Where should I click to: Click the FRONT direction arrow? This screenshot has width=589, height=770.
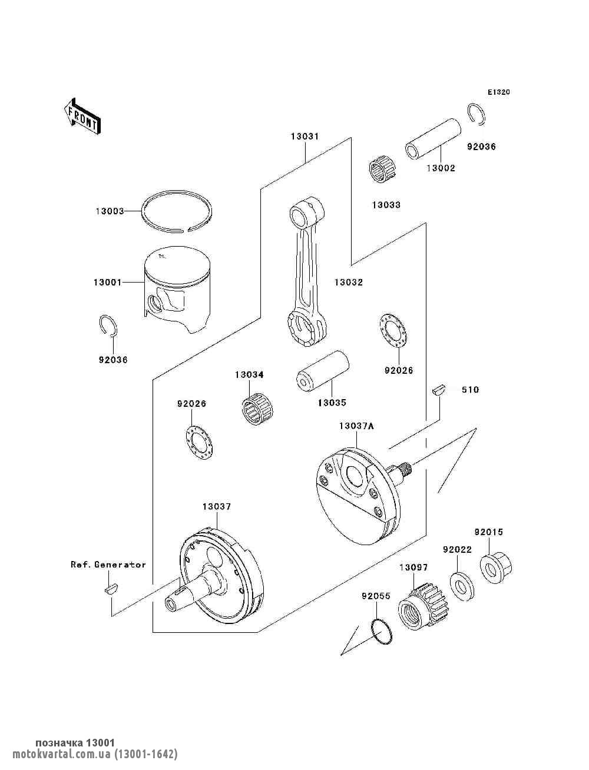coord(82,116)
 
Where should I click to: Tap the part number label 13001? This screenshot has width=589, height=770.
coord(107,282)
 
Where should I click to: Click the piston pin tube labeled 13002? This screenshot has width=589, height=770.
coord(433,140)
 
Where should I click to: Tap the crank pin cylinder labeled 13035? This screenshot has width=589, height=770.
coord(323,371)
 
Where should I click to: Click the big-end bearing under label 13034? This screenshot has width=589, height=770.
coord(257,409)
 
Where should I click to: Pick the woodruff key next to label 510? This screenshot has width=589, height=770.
coord(439,390)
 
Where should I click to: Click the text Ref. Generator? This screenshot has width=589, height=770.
coord(108,565)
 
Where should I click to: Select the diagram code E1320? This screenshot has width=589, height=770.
coord(498,92)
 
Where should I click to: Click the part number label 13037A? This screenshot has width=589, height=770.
coord(356,426)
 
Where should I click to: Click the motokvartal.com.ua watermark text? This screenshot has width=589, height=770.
coord(95,752)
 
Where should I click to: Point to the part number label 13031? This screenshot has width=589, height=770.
coord(305,137)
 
